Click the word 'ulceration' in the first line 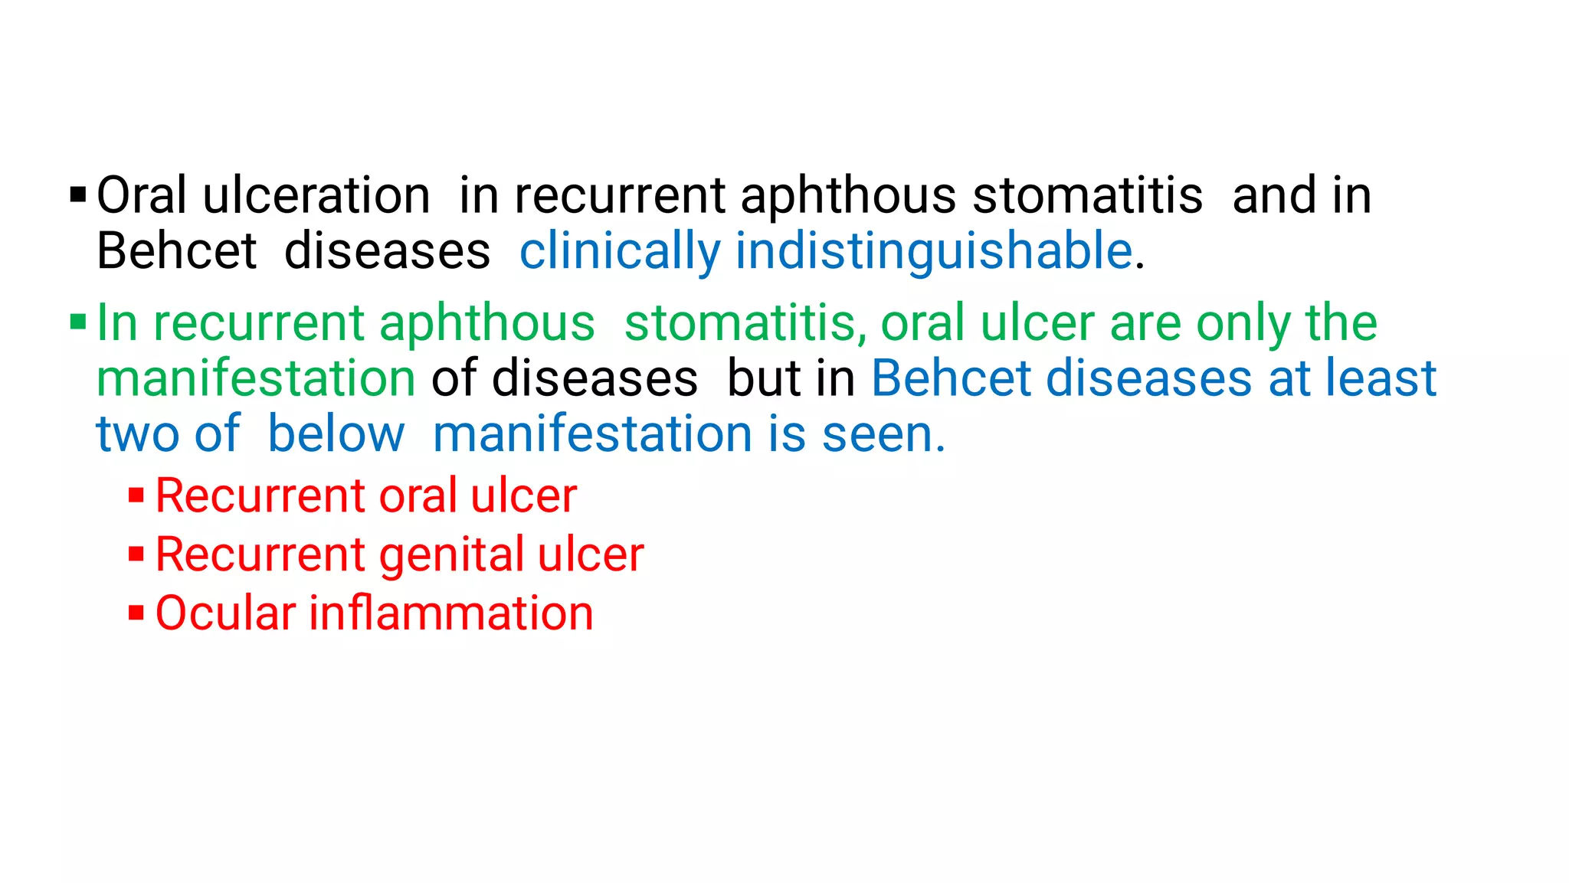(x=316, y=195)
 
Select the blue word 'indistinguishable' (x=934, y=251)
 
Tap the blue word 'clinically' (x=620, y=251)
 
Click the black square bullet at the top (x=77, y=195)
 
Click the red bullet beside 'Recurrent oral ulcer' (x=136, y=495)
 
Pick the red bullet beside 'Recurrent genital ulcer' (x=136, y=554)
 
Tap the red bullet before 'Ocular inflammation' (x=136, y=613)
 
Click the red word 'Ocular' (x=225, y=613)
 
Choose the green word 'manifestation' (x=256, y=378)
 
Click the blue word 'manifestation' (x=593, y=434)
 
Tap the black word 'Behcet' (x=176, y=251)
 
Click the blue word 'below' (x=336, y=434)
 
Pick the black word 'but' (x=757, y=378)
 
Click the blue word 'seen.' (x=883, y=434)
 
